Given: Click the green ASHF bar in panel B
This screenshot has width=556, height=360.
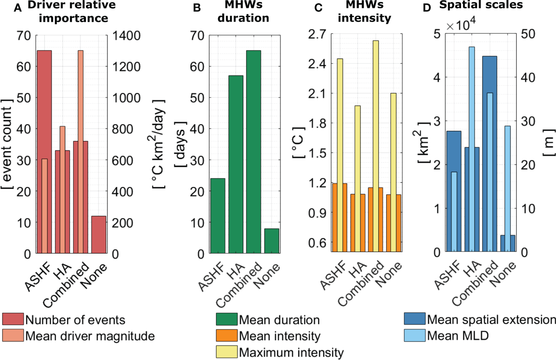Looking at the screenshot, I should [x=218, y=216].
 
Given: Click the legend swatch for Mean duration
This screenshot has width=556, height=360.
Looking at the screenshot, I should [x=226, y=320].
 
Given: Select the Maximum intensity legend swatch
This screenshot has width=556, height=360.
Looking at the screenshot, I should [x=226, y=352].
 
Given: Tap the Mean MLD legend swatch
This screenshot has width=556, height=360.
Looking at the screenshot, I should [x=415, y=336].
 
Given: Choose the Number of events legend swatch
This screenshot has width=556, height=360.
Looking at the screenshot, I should [x=13, y=320].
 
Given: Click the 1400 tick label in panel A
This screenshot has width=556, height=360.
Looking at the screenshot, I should [x=126, y=36].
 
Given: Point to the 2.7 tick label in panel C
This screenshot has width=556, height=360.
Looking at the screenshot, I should [x=317, y=34].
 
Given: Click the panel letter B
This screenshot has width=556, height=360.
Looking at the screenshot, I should [x=197, y=8].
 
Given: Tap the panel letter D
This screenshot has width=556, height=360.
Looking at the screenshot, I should [x=427, y=8].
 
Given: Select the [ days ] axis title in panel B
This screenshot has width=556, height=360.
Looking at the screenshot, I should [x=180, y=144].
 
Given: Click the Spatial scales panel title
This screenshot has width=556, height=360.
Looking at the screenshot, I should [x=481, y=5].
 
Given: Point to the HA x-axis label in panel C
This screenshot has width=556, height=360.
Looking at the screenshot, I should [x=358, y=270].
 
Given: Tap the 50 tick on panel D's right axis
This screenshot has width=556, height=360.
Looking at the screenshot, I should [x=528, y=34].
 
